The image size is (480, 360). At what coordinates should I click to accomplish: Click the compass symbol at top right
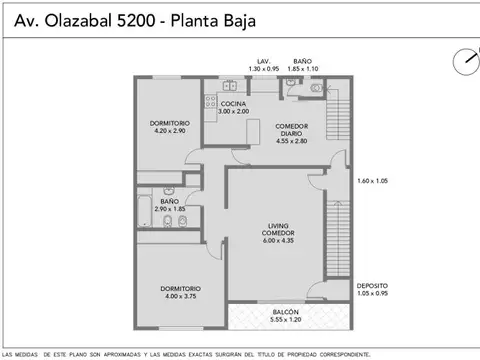coord(463,59)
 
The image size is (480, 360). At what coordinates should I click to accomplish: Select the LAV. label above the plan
coord(263,60)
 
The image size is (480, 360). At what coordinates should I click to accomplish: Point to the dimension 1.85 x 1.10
coord(302,68)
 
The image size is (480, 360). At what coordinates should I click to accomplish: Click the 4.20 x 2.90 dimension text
coord(170,131)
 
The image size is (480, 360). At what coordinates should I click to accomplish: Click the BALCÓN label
coord(285,312)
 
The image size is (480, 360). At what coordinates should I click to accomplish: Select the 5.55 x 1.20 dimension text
coord(285,320)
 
